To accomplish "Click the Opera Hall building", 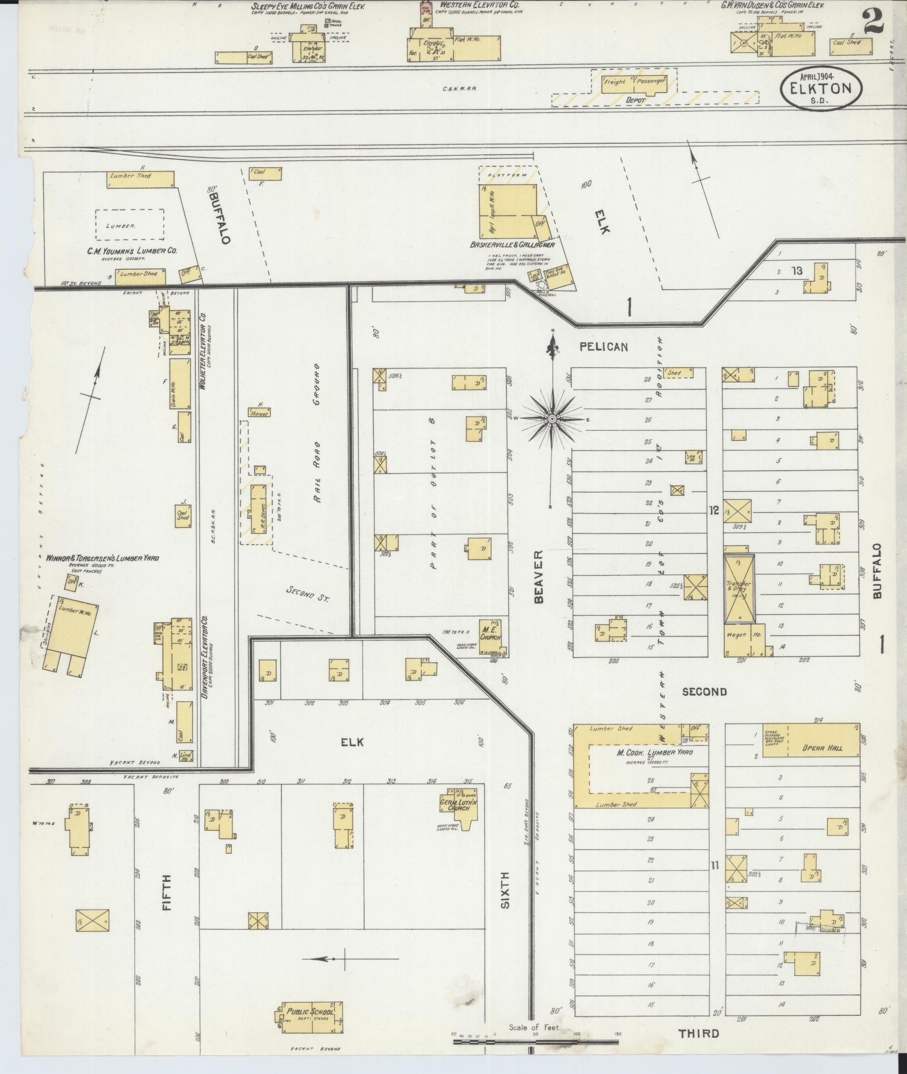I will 823,748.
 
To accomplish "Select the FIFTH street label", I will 167,900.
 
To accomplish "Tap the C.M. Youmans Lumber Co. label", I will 132,251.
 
